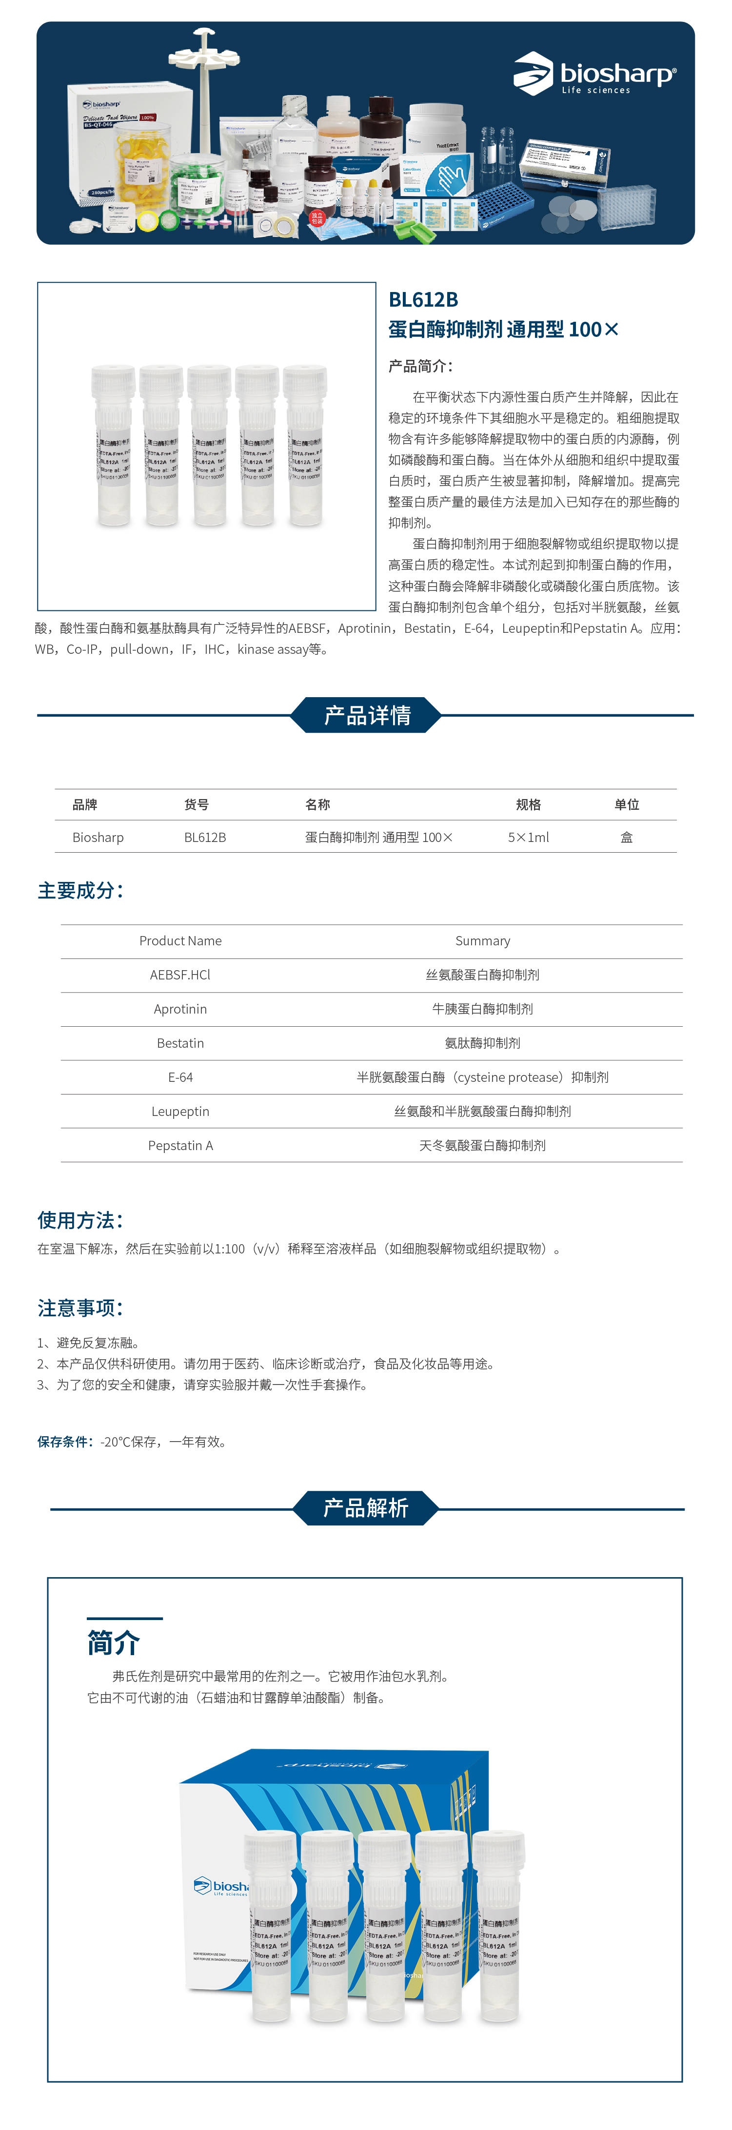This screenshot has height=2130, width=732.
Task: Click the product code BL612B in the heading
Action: point(423,299)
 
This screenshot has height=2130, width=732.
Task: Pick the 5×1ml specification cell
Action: point(528,837)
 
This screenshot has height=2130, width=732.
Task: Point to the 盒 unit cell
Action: point(626,837)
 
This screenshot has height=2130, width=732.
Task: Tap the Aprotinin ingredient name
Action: point(180,1009)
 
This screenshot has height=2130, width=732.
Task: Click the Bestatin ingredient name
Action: point(180,1043)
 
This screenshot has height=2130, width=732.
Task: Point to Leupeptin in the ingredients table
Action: point(180,1111)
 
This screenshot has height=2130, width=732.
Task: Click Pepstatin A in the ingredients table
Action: point(180,1145)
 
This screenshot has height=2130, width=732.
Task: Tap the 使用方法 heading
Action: point(80,1220)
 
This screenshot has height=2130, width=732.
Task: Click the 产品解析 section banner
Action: point(366,1508)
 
